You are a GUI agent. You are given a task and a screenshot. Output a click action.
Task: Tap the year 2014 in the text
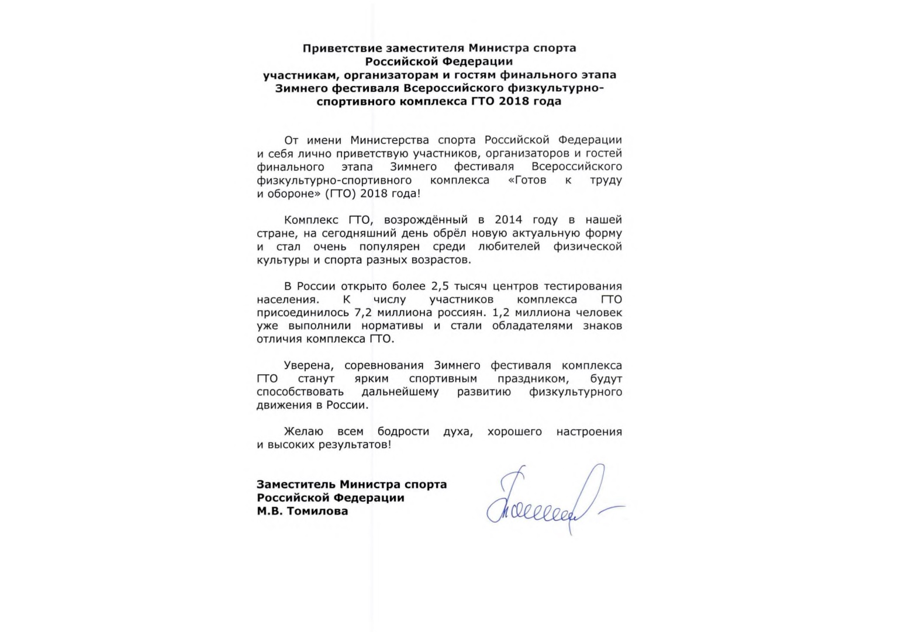point(508,220)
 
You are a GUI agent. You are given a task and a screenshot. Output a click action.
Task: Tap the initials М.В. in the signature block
point(269,511)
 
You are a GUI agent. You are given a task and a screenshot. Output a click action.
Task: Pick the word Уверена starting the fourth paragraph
point(309,366)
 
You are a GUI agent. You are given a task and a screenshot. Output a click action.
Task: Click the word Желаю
point(303,432)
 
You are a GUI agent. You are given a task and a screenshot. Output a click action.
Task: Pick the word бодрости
point(403,432)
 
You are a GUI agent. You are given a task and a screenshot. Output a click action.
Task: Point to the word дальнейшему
point(400,392)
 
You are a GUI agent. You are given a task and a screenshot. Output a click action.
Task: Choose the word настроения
point(589,432)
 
